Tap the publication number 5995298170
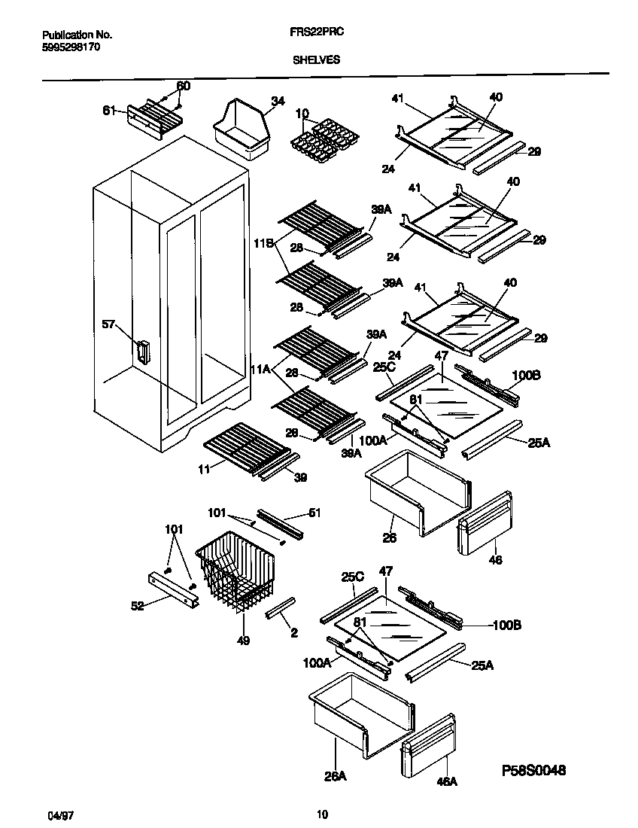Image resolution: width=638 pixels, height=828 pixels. pyautogui.click(x=71, y=47)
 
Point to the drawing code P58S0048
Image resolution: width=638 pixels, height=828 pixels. pyautogui.click(x=533, y=770)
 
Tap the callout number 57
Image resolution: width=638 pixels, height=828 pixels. pyautogui.click(x=110, y=324)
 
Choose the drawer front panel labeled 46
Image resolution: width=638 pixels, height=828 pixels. pyautogui.click(x=485, y=524)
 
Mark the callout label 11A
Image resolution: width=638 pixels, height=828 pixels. pyautogui.click(x=261, y=369)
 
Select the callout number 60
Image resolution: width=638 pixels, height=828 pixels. pyautogui.click(x=183, y=86)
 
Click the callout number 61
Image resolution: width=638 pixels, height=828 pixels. pyautogui.click(x=109, y=111)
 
